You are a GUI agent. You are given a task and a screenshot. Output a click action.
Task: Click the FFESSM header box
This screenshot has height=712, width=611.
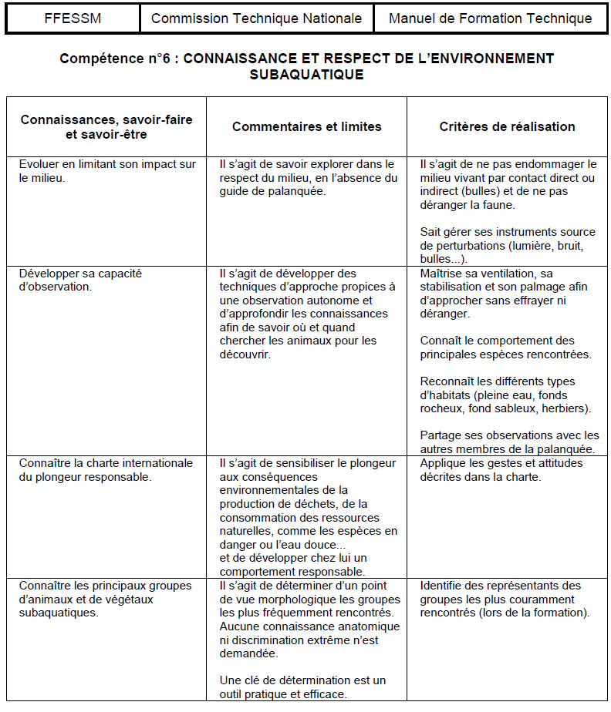coord(72,18)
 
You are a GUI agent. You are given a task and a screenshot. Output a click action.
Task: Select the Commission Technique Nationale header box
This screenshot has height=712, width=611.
coord(256,18)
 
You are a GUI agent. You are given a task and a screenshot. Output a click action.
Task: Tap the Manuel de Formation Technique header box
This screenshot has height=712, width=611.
coord(491,18)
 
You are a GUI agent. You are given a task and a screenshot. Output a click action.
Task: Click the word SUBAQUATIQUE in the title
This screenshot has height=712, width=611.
coord(306,75)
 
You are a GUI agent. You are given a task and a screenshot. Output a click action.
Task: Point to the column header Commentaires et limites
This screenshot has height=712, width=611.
coord(306,126)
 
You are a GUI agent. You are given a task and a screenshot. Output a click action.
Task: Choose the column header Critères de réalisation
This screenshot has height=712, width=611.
coord(507,126)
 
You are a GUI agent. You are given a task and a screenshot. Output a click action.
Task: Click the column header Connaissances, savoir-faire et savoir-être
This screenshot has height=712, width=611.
coord(106,126)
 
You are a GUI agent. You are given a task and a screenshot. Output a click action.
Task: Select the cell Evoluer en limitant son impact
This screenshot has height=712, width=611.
coord(106,170)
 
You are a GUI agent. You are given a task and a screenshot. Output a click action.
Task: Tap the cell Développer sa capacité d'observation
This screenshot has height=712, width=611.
coord(80,280)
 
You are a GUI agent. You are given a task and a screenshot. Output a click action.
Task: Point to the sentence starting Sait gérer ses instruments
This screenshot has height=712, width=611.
coord(507,245)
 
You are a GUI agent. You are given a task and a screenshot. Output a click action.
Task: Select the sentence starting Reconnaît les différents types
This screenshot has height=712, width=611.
coord(506,395)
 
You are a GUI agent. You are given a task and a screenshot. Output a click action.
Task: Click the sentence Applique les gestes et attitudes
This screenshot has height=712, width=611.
coord(501,470)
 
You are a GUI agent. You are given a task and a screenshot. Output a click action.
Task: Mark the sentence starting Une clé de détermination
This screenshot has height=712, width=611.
coord(302,687)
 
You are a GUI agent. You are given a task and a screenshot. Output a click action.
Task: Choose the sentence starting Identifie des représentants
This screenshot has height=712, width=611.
coord(505,599)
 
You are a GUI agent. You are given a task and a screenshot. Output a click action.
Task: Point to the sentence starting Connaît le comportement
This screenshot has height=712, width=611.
coord(505,348)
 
